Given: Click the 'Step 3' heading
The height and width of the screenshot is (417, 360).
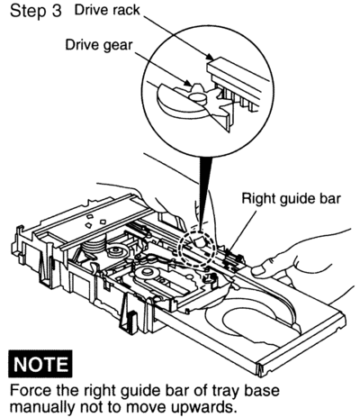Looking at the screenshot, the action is click(x=36, y=11).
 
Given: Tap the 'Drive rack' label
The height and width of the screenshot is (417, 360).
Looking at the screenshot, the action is click(x=107, y=10).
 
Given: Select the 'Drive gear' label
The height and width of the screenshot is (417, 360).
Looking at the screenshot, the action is click(x=99, y=45).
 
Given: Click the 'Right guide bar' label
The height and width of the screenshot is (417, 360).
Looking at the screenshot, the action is click(x=292, y=198).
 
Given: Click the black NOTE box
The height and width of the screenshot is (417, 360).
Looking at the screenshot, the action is click(x=40, y=363).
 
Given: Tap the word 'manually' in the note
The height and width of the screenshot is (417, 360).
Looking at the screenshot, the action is click(x=42, y=408).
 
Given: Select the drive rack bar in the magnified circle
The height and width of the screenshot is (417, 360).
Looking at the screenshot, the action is click(x=238, y=79).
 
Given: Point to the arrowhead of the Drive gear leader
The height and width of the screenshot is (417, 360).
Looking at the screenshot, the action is click(x=187, y=82).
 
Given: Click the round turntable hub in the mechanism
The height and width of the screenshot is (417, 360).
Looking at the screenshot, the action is click(x=147, y=273).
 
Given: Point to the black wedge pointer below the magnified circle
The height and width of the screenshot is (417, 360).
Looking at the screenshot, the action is click(x=205, y=192).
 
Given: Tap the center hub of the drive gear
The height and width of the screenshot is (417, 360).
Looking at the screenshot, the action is click(x=198, y=96).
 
